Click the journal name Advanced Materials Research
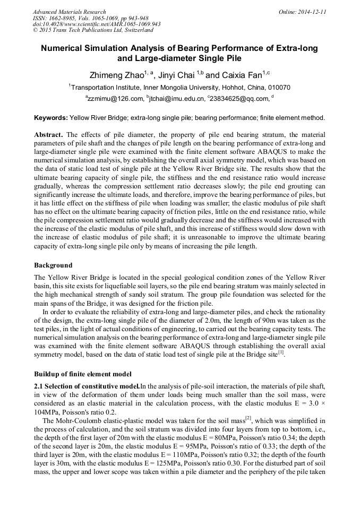coord(69,11)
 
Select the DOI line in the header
coord(97,24)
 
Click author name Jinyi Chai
coord(177,75)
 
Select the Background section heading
coord(53,265)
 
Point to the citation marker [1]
coord(281,352)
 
